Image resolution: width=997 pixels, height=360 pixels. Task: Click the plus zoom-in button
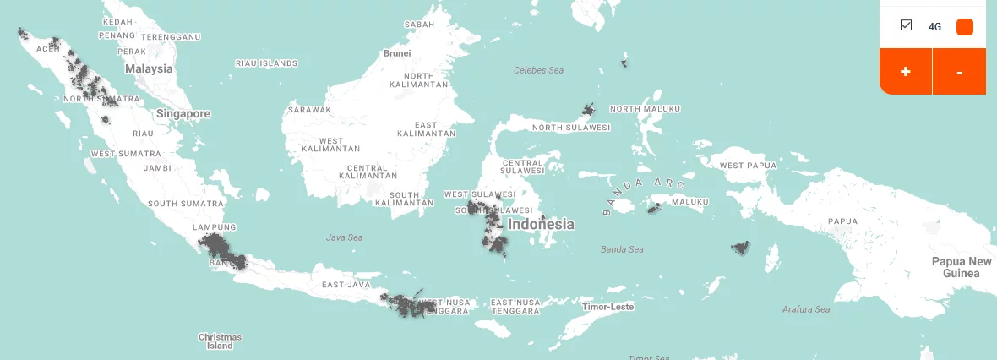(905, 72)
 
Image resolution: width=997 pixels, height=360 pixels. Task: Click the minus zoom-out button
(959, 72)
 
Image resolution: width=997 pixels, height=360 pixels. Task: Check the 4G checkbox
(907, 25)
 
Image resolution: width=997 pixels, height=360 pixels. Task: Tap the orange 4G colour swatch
(964, 27)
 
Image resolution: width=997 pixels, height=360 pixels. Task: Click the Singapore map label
(183, 113)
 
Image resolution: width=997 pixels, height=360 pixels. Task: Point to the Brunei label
(397, 53)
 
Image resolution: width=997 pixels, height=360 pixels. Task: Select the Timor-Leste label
(609, 307)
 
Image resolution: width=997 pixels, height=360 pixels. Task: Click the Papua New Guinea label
(962, 267)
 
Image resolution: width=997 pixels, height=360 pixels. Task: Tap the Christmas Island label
(220, 341)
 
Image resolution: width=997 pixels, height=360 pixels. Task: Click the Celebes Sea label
(538, 70)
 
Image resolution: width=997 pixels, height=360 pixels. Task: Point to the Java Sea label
(344, 237)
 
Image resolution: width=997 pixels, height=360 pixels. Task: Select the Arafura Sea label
(806, 310)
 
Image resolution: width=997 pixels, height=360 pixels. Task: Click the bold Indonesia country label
(541, 225)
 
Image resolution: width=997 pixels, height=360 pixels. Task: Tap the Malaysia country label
(149, 68)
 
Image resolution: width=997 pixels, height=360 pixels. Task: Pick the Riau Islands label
(266, 63)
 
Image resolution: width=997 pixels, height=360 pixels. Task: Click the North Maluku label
(645, 109)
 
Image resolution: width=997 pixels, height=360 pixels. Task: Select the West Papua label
(748, 166)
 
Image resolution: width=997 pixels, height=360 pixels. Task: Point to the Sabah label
(419, 25)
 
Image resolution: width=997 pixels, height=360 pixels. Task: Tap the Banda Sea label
(622, 249)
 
